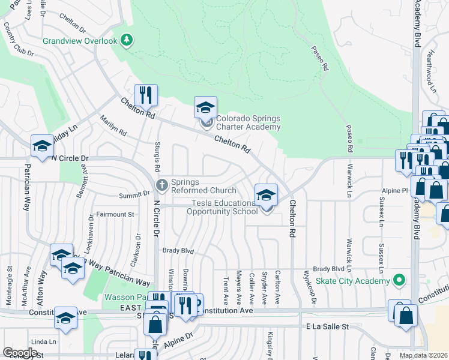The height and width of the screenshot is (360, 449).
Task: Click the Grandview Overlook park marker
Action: (x=126, y=41)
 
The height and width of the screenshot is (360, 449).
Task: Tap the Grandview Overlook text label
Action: (x=80, y=41)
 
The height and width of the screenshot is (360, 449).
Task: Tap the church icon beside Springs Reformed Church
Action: (x=161, y=184)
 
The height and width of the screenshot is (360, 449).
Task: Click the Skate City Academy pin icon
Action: (x=397, y=280)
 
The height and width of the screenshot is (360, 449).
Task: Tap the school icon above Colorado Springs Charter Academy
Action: (x=205, y=108)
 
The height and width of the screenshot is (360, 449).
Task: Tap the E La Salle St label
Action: (x=327, y=326)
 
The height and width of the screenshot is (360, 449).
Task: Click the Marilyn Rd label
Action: (x=113, y=125)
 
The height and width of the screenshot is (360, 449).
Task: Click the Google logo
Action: (x=20, y=352)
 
